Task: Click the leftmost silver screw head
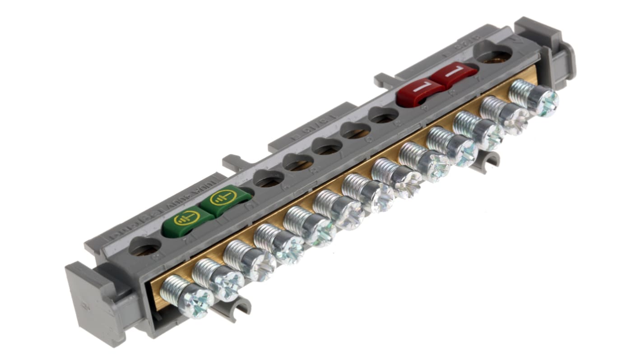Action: (195, 301)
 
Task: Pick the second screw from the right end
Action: (514, 117)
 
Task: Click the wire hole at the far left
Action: (144, 247)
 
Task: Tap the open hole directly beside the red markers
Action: (383, 115)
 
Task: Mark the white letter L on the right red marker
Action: (455, 72)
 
